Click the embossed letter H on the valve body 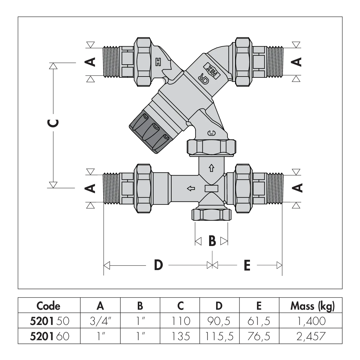tap(158, 62)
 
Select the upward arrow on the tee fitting tap(211, 168)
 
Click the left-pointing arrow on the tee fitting tap(191, 189)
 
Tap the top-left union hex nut tap(144, 62)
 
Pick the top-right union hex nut tap(243, 62)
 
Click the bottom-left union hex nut tap(144, 189)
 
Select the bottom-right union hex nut tap(243, 189)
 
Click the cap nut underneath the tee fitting tap(211, 215)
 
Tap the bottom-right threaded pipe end tap(275, 189)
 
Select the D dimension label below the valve tap(157, 265)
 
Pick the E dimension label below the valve tap(247, 265)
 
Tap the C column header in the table tap(180, 306)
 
